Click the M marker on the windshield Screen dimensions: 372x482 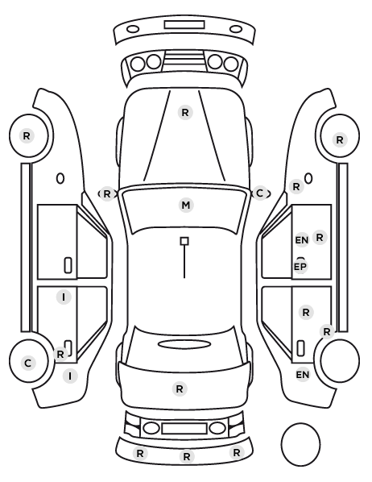click(x=186, y=205)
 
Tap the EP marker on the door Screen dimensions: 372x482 click(x=300, y=267)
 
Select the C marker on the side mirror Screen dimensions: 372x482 click(x=260, y=193)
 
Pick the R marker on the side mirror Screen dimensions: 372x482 click(x=106, y=194)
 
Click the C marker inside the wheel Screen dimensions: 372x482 click(x=28, y=363)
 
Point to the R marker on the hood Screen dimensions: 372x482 click(x=185, y=113)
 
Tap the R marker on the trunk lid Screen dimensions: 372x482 click(x=180, y=389)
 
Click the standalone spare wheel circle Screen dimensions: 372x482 click(x=300, y=444)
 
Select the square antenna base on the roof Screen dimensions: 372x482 click(x=184, y=241)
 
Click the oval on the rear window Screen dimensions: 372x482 click(x=184, y=344)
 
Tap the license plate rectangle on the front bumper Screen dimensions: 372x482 click(x=184, y=25)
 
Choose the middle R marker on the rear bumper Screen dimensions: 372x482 click(x=187, y=457)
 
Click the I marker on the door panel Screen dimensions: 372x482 click(x=64, y=297)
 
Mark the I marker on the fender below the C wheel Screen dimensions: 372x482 click(x=70, y=376)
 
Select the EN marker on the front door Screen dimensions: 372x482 click(x=302, y=240)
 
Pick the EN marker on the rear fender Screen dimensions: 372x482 click(x=303, y=375)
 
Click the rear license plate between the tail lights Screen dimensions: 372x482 click(x=184, y=428)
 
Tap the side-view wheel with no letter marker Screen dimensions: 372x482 click(x=340, y=360)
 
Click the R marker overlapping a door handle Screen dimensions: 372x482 click(x=60, y=354)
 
